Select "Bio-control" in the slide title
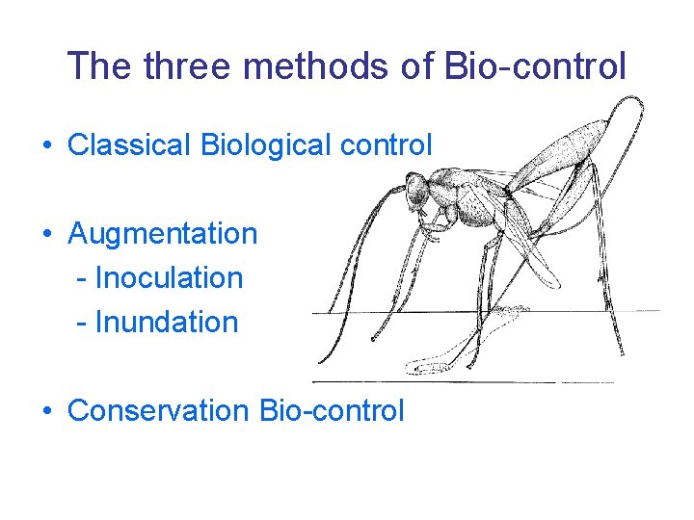click(537, 66)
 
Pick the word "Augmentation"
click(163, 233)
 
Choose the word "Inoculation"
click(169, 277)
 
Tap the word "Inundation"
click(166, 322)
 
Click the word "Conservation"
click(158, 410)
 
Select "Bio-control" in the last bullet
click(332, 410)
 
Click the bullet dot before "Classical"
click(46, 146)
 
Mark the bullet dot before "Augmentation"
click(46, 234)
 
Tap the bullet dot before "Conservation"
click(46, 411)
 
